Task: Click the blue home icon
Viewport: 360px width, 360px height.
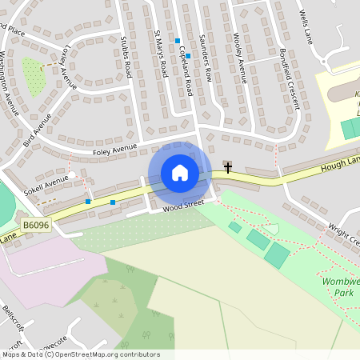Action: [x=180, y=172]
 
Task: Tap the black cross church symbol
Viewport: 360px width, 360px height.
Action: [x=228, y=167]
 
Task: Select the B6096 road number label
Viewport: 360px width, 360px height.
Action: [x=36, y=226]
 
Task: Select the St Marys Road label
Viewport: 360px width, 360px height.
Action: [x=160, y=54]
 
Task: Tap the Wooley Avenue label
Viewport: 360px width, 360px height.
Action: [x=239, y=58]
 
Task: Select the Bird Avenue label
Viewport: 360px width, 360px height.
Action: [x=37, y=130]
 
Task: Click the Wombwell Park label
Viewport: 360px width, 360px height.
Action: [x=343, y=287]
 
